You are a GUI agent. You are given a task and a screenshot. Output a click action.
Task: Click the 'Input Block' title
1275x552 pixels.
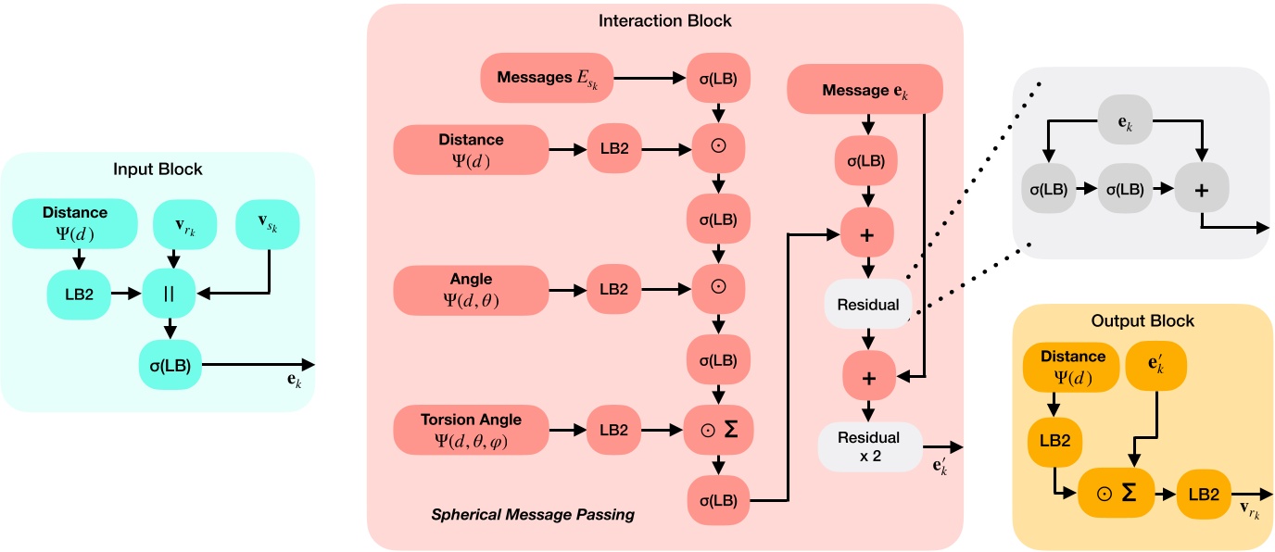click(x=158, y=169)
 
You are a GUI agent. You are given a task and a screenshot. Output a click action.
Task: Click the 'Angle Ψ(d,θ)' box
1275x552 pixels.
click(x=472, y=289)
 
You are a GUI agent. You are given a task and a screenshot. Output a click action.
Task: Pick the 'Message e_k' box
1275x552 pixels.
click(x=865, y=92)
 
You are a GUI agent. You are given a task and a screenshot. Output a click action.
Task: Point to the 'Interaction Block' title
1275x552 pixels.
click(x=664, y=20)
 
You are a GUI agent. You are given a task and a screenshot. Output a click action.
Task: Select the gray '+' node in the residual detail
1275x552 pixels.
click(x=1201, y=189)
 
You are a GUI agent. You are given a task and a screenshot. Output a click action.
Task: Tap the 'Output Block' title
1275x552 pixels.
click(x=1143, y=321)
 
